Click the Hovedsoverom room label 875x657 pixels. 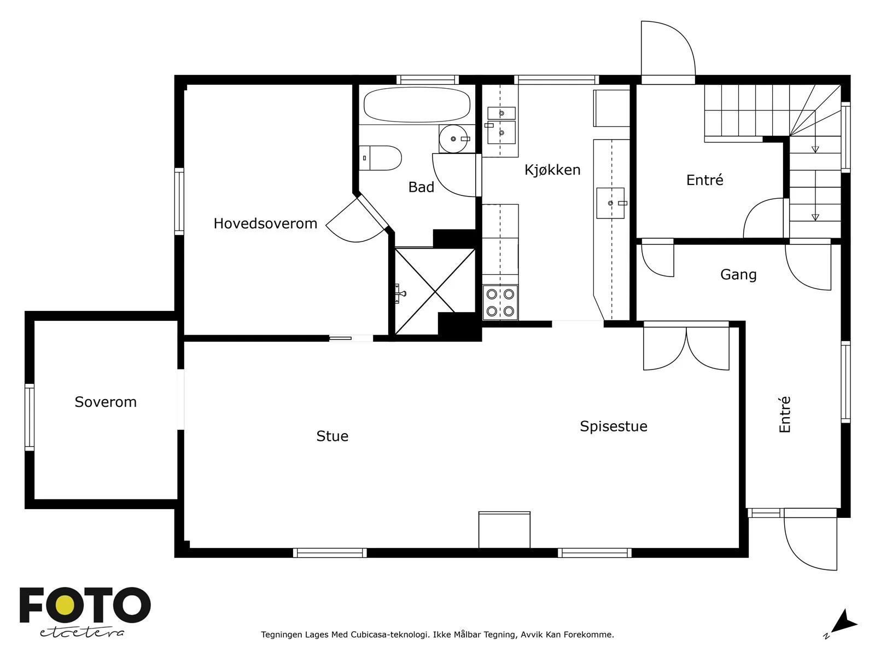(265, 223)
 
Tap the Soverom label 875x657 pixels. (106, 402)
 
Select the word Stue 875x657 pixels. (332, 436)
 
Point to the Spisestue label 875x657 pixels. (614, 427)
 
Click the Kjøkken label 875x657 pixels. (552, 170)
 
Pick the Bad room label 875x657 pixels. (421, 187)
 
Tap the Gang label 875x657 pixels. (738, 274)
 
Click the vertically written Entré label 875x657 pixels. (784, 414)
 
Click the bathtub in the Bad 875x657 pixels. (417, 105)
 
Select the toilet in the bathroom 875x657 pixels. (380, 158)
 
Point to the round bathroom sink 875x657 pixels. (453, 139)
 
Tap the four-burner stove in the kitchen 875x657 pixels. (500, 302)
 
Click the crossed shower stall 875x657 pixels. (435, 291)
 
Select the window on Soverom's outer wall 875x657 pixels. (30, 417)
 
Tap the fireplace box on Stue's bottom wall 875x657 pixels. (504, 530)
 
